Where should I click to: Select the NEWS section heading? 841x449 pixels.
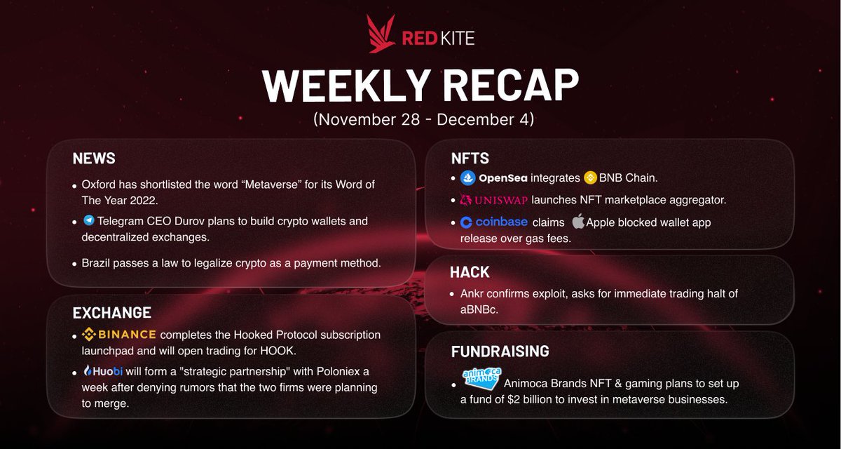pos(94,159)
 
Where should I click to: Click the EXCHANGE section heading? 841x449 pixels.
pos(112,312)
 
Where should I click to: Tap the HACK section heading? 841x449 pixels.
pos(470,272)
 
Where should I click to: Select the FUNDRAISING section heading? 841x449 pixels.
pos(500,351)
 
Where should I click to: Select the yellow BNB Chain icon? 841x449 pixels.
pos(589,178)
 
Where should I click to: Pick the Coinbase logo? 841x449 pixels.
pos(493,223)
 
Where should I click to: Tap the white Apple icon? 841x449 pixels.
pos(577,222)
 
